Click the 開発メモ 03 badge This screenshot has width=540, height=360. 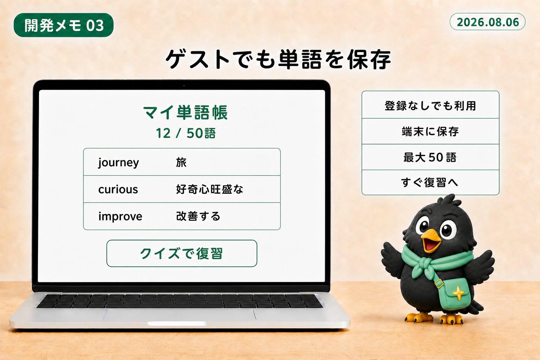(63, 25)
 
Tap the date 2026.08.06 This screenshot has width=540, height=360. (488, 22)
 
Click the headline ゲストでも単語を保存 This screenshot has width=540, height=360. (278, 59)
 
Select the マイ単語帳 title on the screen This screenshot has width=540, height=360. (185, 112)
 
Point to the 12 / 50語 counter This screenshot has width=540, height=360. (186, 133)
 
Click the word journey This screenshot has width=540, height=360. (118, 163)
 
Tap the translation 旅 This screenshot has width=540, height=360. (181, 162)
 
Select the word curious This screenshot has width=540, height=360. (118, 189)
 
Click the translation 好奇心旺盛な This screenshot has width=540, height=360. (210, 189)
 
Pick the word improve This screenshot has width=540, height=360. (120, 217)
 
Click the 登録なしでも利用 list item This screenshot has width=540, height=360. (430, 106)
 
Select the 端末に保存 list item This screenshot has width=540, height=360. (430, 131)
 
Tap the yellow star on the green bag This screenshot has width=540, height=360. (458, 293)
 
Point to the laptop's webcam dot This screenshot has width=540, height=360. (184, 85)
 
